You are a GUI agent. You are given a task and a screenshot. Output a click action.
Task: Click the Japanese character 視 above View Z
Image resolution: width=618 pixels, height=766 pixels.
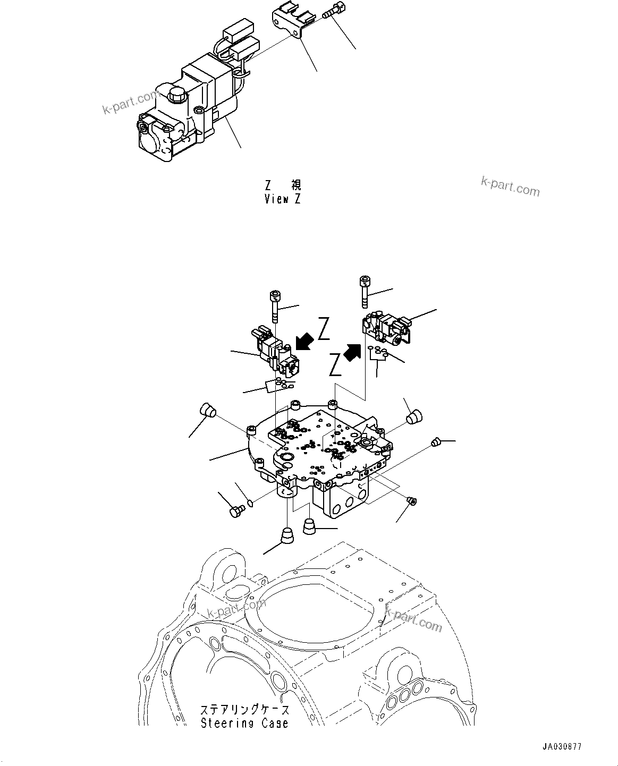click(295, 185)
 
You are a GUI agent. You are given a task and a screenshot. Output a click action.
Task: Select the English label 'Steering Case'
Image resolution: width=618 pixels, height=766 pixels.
click(244, 723)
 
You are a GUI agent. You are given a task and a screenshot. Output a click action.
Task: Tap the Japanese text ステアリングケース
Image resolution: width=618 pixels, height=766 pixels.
click(245, 710)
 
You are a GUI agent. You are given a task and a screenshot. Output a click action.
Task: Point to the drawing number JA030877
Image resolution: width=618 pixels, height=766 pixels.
click(562, 746)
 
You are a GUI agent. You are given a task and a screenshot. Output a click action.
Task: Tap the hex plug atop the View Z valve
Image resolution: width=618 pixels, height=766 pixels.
click(176, 96)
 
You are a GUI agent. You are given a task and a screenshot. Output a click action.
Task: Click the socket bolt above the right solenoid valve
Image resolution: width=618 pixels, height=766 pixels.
click(365, 291)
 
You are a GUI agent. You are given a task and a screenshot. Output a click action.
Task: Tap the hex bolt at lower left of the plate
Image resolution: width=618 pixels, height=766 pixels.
click(236, 511)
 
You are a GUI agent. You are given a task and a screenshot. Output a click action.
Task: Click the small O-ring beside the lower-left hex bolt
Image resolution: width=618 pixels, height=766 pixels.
click(250, 502)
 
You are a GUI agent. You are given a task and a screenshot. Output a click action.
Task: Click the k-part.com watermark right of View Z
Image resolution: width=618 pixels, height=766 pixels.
click(510, 186)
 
